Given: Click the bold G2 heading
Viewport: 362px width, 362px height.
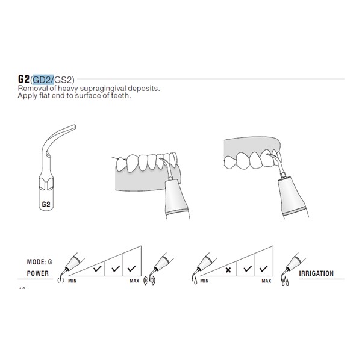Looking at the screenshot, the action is click(x=23, y=79).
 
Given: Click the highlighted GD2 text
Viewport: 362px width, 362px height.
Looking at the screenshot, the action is click(x=43, y=80).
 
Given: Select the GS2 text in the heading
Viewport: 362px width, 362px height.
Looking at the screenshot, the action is click(x=63, y=80).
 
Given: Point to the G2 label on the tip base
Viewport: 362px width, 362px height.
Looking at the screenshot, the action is click(x=46, y=204).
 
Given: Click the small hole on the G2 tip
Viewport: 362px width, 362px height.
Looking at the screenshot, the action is click(x=48, y=154).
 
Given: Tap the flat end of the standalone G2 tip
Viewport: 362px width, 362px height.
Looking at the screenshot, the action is click(x=75, y=127).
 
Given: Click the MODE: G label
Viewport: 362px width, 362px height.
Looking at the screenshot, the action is click(x=39, y=262).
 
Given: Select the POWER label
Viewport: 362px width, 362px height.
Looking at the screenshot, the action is click(x=37, y=273).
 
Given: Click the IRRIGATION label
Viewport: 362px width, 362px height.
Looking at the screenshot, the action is click(x=316, y=273).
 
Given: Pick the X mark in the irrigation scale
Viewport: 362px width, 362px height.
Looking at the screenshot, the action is click(x=228, y=270).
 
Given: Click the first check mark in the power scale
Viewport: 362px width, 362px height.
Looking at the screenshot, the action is click(x=98, y=269).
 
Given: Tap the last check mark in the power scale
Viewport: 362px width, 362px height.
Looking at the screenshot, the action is click(x=131, y=269).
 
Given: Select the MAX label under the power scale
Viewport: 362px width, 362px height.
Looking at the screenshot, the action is click(x=134, y=281).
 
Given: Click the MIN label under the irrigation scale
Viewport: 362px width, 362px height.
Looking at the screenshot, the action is click(x=204, y=281).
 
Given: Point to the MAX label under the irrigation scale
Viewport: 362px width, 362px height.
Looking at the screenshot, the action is click(x=266, y=281).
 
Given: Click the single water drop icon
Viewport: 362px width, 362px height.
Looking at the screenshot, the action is click(x=196, y=281).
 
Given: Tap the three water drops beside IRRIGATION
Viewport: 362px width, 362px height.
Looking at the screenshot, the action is click(x=286, y=281).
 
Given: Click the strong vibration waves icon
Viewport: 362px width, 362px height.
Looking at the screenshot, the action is click(x=149, y=280).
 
